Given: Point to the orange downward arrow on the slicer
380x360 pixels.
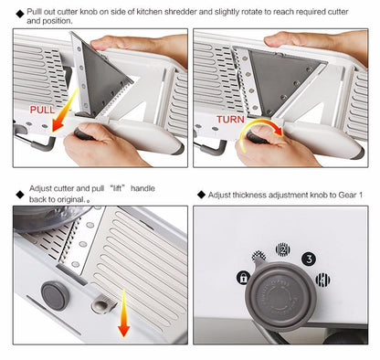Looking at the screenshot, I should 121,323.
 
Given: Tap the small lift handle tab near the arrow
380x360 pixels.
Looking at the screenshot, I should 102,302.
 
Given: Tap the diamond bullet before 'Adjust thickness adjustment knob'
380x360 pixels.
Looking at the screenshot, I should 200,196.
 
